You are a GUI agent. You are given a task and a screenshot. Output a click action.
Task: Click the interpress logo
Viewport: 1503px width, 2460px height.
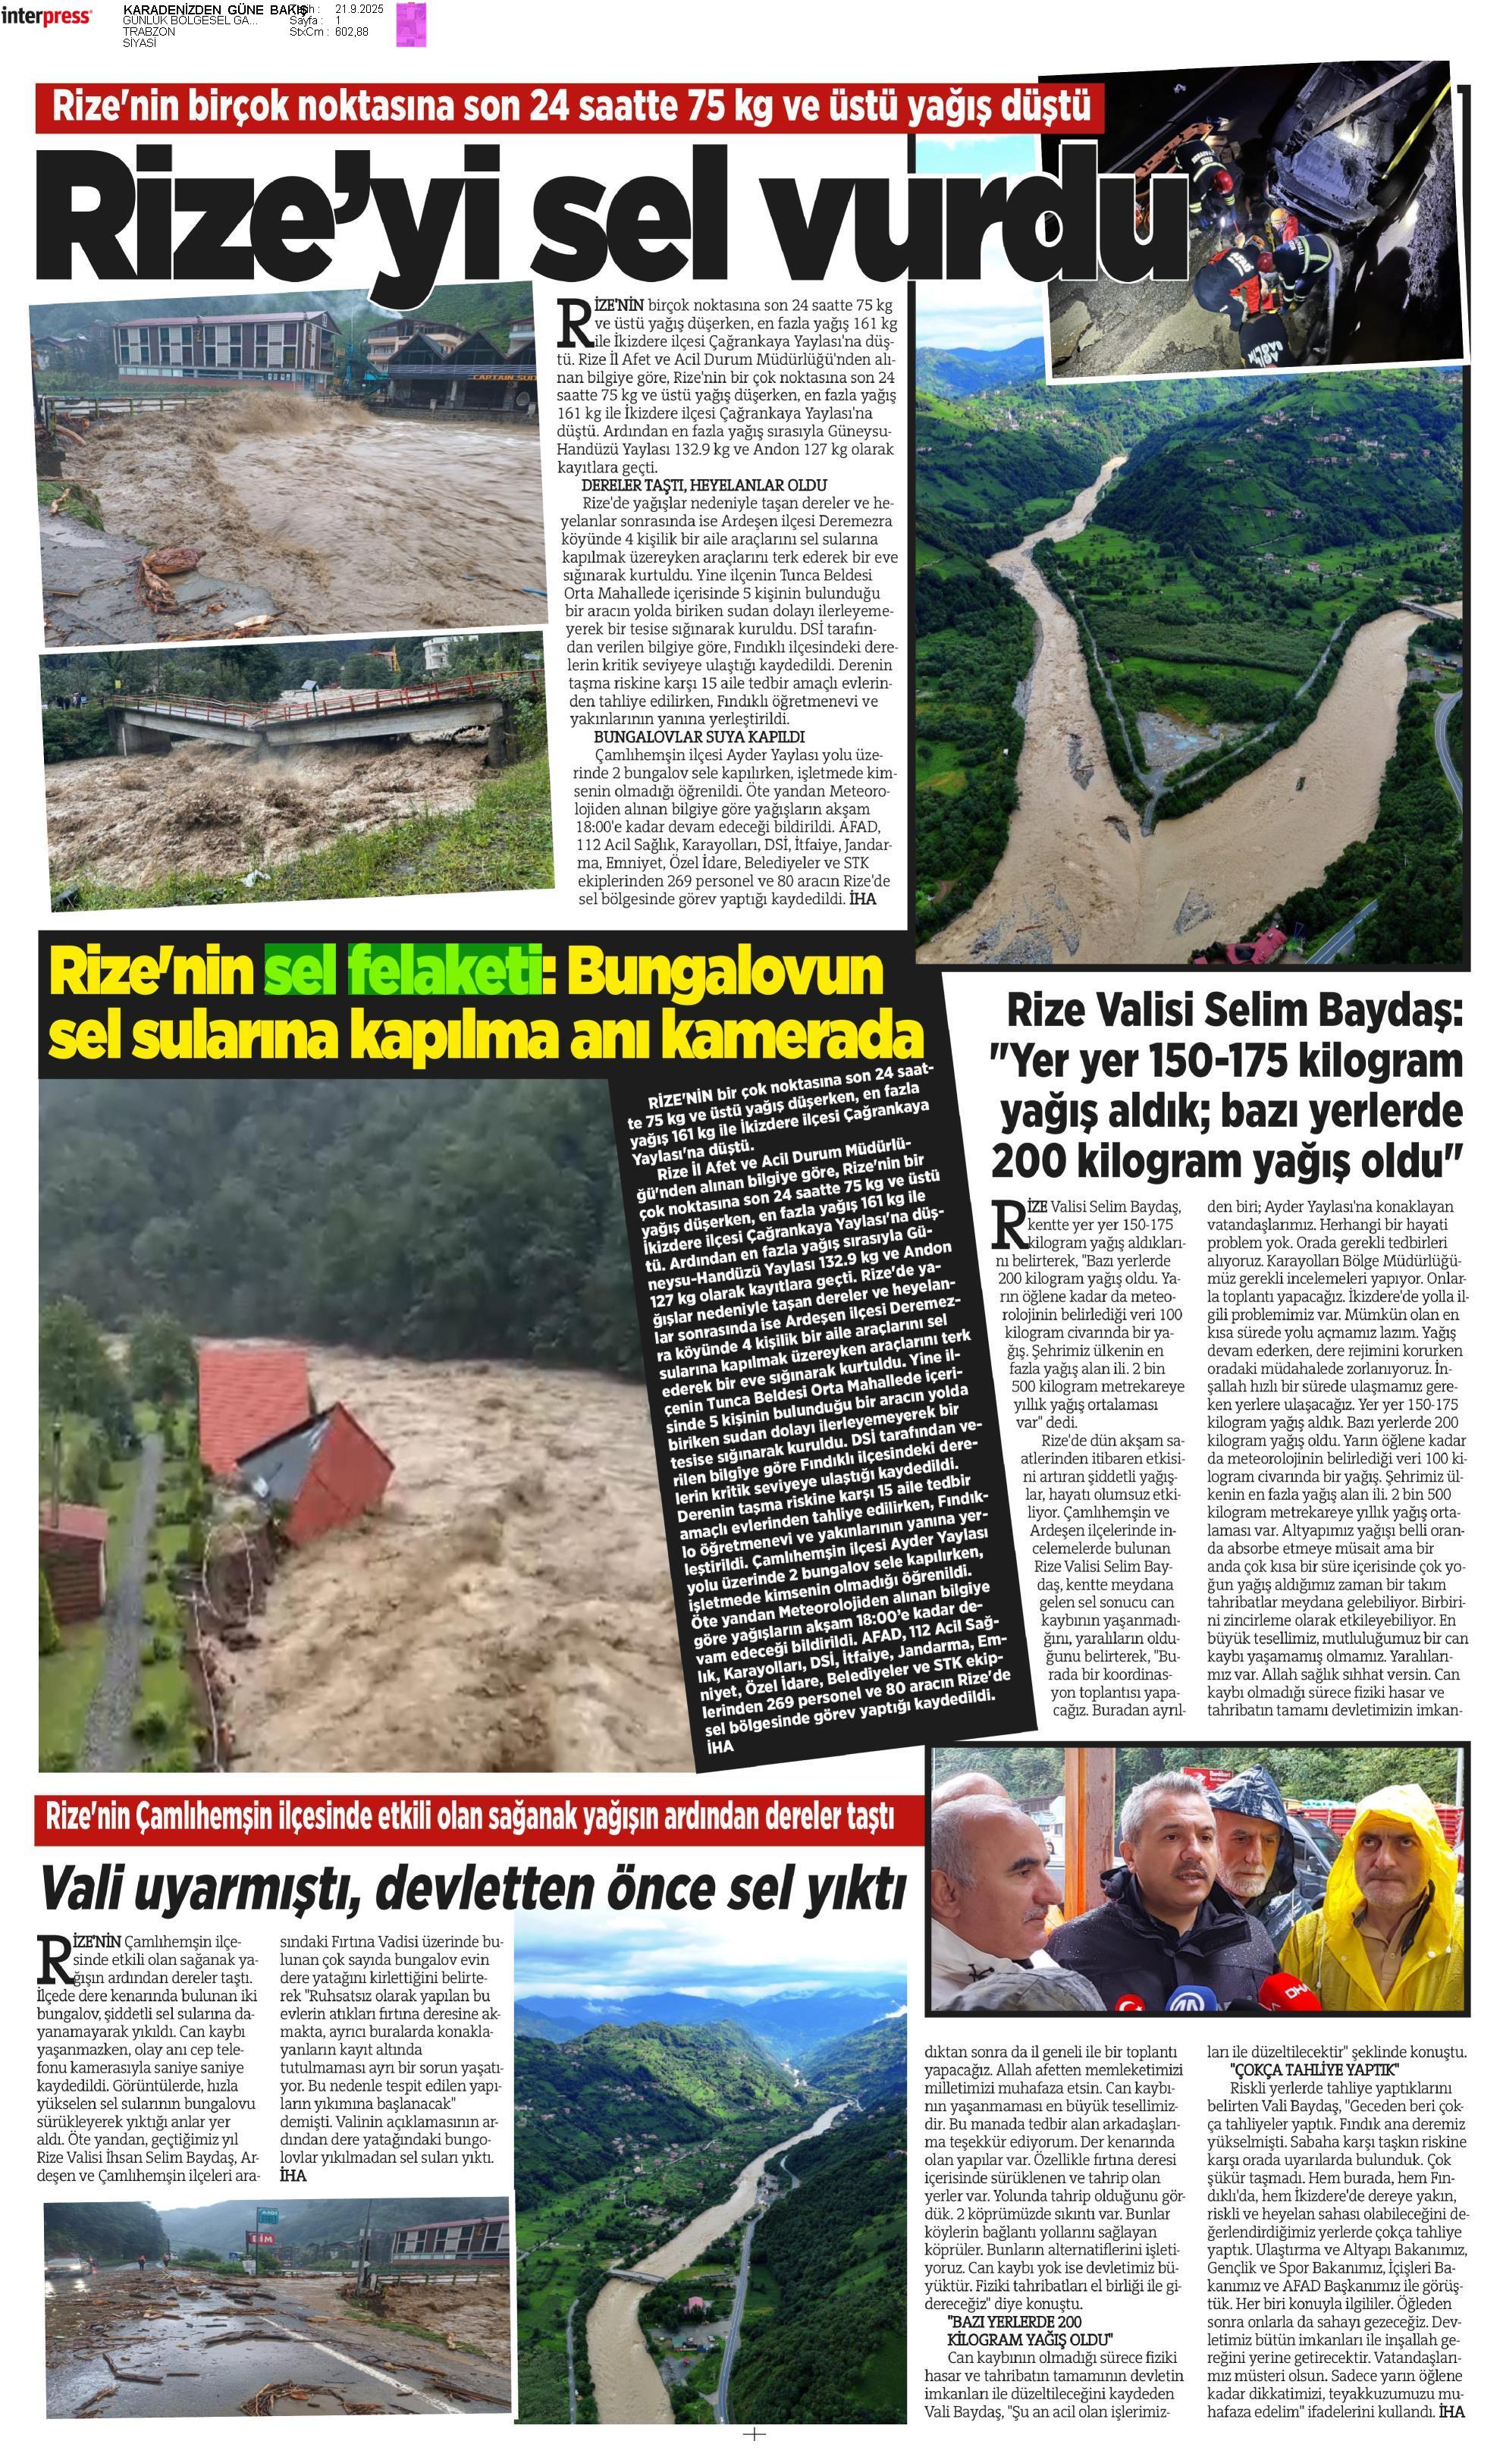click(x=46, y=17)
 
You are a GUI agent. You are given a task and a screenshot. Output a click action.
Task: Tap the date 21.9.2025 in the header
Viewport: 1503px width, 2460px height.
click(x=359, y=9)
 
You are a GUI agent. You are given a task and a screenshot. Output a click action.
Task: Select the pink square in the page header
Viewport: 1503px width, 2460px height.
click(x=410, y=25)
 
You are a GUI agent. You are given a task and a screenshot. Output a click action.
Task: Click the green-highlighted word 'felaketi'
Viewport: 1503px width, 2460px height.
click(x=441, y=974)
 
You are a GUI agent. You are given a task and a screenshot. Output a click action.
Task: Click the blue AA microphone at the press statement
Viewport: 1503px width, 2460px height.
click(x=1187, y=1997)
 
